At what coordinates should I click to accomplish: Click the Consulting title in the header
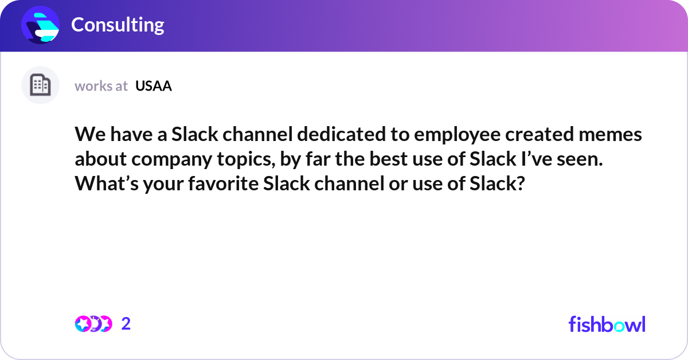(118, 25)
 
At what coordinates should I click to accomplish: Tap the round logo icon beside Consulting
(41, 25)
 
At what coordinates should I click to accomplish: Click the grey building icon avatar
(40, 85)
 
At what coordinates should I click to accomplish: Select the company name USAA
(154, 86)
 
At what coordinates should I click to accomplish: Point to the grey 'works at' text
(101, 86)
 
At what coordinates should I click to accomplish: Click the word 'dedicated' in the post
(320, 135)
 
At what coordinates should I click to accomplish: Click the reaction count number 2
(126, 324)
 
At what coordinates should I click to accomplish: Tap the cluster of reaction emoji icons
(93, 324)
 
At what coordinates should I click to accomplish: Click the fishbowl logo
(607, 324)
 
